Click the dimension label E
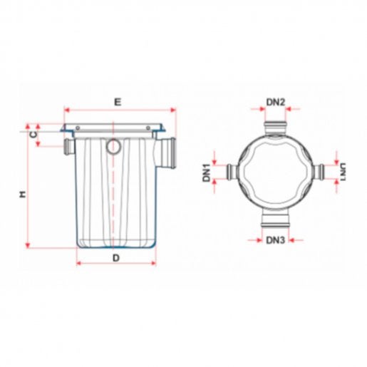pos(118,102)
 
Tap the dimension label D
pos(116,258)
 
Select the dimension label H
pos(22,195)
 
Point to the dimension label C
pos(34,135)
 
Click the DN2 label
pos(276,102)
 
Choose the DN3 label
pos(275,240)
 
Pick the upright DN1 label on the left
pos(207,172)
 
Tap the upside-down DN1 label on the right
pos(343,172)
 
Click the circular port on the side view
pos(114,147)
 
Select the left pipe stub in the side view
pos(69,147)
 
